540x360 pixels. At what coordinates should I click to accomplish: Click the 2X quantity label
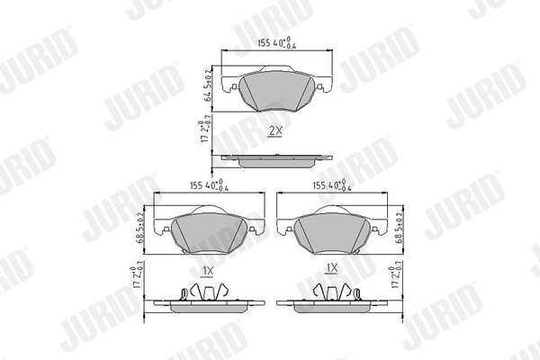tap(275, 130)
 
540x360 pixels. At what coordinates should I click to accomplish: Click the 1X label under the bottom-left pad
tap(206, 269)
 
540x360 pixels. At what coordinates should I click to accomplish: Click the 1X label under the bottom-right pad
tap(331, 268)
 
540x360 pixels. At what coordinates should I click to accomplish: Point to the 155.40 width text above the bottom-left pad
tap(207, 187)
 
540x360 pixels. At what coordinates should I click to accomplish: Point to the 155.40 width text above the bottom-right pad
tap(333, 187)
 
